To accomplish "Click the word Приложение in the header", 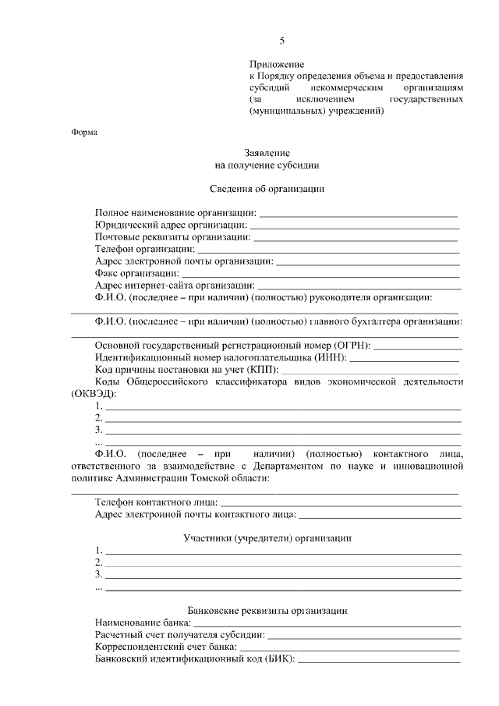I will [x=276, y=63].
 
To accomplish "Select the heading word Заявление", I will [x=267, y=154].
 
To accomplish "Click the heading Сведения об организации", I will [x=267, y=189].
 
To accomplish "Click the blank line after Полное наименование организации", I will [x=358, y=213].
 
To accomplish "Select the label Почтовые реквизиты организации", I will [x=172, y=236].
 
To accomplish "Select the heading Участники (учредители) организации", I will [x=267, y=538].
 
